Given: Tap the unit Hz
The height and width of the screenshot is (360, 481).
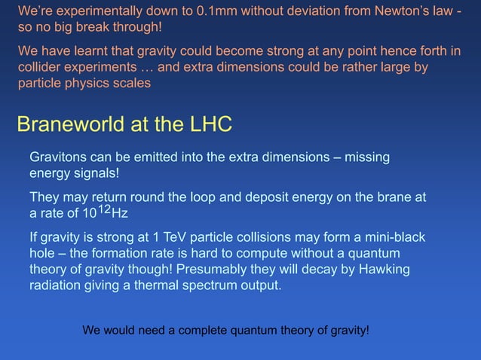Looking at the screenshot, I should pyautogui.click(x=119, y=213).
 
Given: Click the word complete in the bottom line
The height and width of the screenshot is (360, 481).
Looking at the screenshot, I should pyautogui.click(x=188, y=330).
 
